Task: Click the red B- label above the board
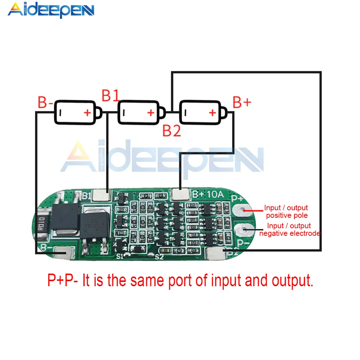pyautogui.click(x=45, y=103)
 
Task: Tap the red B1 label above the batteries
pyautogui.click(x=110, y=96)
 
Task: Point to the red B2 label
pyautogui.click(x=171, y=131)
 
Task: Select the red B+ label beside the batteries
pyautogui.click(x=242, y=103)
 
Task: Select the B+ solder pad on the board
pyautogui.click(x=180, y=195)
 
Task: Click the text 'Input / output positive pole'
pyautogui.click(x=286, y=212)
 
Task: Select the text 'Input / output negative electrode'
pyautogui.click(x=290, y=230)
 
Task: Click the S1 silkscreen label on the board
pyautogui.click(x=120, y=256)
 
